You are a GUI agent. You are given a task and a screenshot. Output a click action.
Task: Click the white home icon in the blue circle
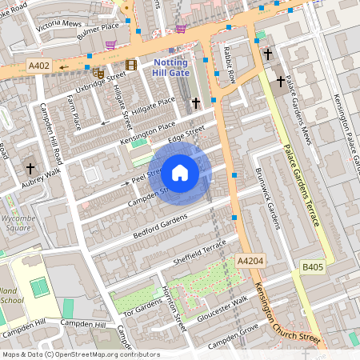click(180, 172)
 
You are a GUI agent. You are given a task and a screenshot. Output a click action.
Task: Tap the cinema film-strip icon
click(130, 65)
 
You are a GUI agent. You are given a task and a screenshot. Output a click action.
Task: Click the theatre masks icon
click(98, 72)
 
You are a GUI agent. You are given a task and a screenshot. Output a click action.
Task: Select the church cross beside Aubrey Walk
click(30, 169)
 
